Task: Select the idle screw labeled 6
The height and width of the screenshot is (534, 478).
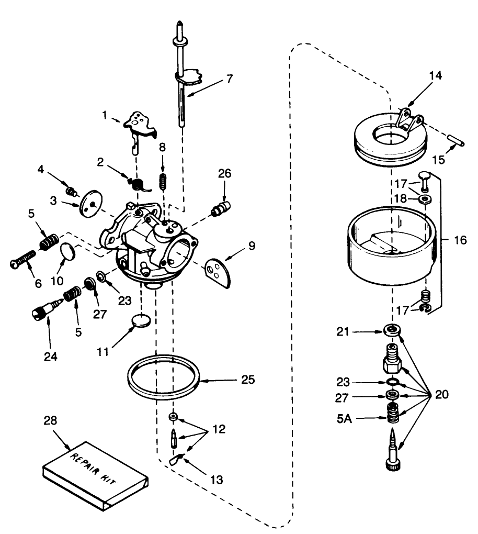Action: click(22, 260)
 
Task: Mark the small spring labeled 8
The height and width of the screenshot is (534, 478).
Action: click(163, 182)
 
